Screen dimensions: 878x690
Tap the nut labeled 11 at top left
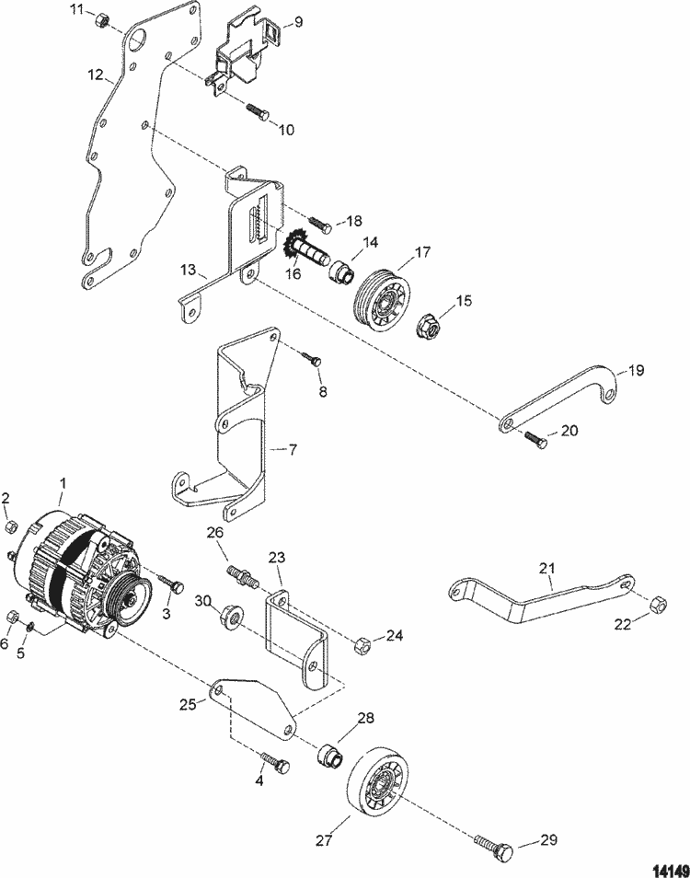tap(104, 19)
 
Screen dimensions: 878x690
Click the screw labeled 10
tap(258, 115)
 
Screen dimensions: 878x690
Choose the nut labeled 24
tap(362, 645)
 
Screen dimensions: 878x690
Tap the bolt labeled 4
tap(275, 763)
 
